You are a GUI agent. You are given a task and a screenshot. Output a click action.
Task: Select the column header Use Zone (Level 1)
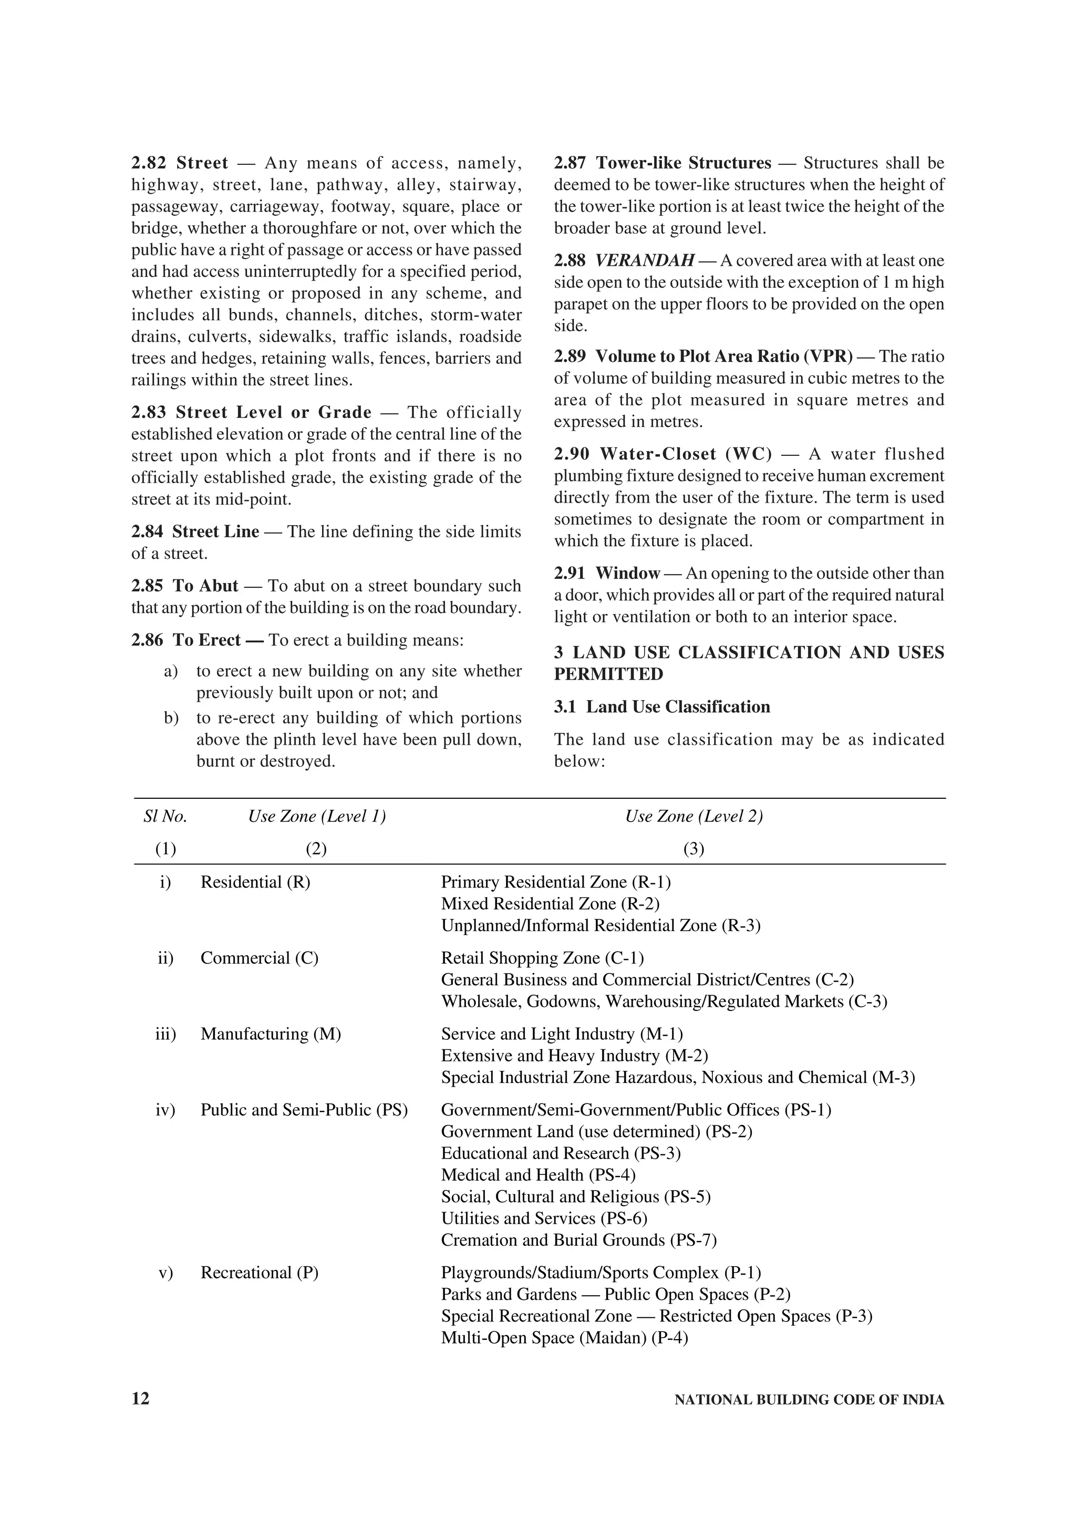pos(317,816)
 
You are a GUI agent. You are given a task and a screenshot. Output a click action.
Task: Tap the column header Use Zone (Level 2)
pos(694,816)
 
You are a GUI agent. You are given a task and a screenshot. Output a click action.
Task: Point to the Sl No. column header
pos(165,816)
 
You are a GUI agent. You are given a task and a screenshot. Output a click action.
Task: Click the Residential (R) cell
pos(255,882)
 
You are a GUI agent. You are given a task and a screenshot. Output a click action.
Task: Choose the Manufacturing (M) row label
pos(271,1034)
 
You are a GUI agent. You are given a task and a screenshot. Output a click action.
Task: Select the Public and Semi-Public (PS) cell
pos(304,1110)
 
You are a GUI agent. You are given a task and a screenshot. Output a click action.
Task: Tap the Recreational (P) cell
pos(259,1272)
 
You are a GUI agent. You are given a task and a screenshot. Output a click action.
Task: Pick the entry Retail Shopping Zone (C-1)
pos(542,958)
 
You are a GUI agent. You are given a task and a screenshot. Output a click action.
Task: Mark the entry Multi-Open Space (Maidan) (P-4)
pos(564,1337)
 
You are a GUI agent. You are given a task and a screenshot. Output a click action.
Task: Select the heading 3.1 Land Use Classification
pos(661,707)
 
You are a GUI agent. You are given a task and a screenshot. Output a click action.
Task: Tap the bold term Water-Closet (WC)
pos(686,454)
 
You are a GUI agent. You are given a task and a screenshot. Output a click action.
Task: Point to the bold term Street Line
pos(215,531)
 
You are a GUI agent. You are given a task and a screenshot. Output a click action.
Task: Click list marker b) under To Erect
pos(171,718)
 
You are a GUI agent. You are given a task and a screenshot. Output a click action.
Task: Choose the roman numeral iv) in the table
pos(165,1110)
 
